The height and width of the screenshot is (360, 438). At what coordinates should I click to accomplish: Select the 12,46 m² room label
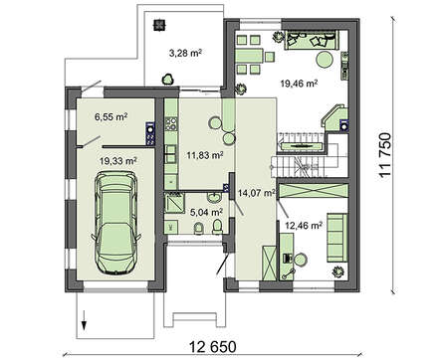305,226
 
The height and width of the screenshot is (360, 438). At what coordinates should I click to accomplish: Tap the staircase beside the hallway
299,155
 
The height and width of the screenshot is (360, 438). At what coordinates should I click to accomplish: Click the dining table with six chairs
254,53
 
